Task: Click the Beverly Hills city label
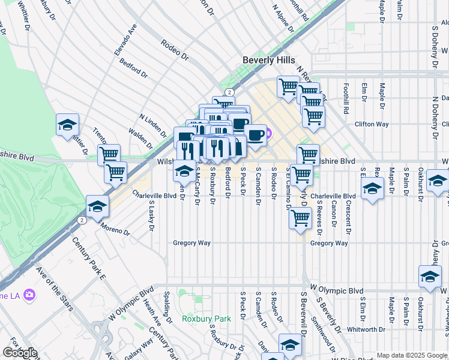(x=268, y=60)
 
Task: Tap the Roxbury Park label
(x=206, y=319)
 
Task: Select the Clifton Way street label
(x=372, y=124)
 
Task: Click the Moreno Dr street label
(x=115, y=228)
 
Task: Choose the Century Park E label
(x=88, y=259)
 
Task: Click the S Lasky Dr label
(x=152, y=217)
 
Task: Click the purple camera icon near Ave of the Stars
(x=29, y=295)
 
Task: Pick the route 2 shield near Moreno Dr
(x=81, y=220)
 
